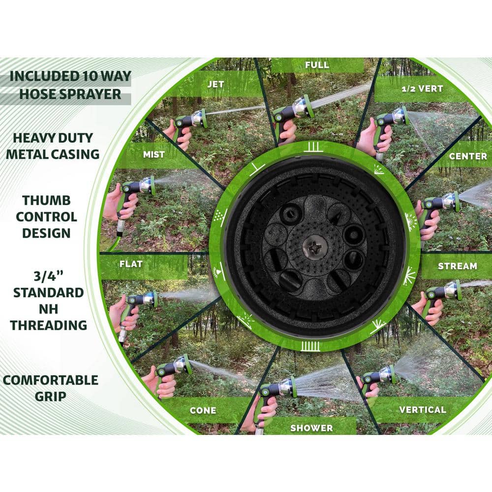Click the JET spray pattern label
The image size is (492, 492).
tap(215, 84)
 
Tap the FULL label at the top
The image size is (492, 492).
tap(317, 64)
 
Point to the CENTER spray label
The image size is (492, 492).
tap(468, 156)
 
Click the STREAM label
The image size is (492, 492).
tap(457, 266)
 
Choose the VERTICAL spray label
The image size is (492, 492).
tap(423, 409)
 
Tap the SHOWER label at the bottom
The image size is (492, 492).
tap(311, 428)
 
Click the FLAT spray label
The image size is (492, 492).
tap(131, 264)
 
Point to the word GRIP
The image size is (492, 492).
tap(50, 397)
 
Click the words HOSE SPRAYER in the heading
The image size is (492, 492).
tap(70, 93)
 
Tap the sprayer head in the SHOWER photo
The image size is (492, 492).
tap(285, 386)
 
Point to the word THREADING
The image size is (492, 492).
tap(49, 325)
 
